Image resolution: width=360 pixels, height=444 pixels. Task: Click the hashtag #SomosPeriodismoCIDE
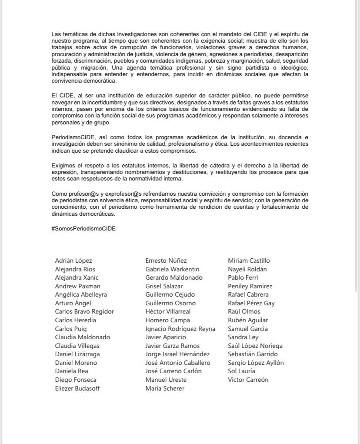click(x=83, y=228)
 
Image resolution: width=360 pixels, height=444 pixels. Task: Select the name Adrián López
click(x=73, y=260)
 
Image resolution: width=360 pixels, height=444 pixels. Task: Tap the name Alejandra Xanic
click(x=77, y=277)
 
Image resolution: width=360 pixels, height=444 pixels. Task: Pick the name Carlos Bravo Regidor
click(x=84, y=311)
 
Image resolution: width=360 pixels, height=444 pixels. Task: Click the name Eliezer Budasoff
click(x=77, y=388)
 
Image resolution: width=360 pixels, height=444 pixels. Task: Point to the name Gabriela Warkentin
click(x=172, y=269)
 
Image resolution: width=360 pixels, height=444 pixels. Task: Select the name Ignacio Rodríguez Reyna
click(x=180, y=329)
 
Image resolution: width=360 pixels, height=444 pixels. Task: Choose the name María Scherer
click(x=165, y=388)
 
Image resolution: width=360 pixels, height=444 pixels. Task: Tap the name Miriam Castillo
click(x=249, y=260)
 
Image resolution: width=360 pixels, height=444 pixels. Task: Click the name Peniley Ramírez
click(x=250, y=286)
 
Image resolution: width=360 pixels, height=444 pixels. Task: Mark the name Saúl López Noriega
click(x=255, y=346)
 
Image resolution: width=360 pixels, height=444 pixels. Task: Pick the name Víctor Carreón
click(x=248, y=380)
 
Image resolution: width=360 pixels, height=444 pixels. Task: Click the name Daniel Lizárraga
click(x=76, y=354)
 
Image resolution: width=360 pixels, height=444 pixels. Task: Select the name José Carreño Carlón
click(x=173, y=371)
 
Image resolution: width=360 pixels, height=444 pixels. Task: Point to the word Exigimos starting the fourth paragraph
click(x=63, y=165)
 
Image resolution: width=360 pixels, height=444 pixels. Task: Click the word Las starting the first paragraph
click(x=56, y=33)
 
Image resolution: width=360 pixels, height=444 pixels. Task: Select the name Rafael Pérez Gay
click(x=251, y=303)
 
